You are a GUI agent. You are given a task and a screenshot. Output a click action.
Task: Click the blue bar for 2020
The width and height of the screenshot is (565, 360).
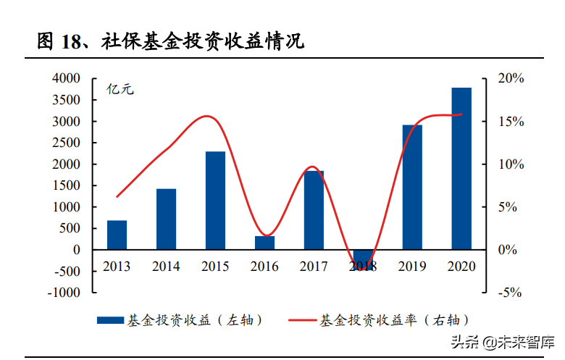[x=461, y=169]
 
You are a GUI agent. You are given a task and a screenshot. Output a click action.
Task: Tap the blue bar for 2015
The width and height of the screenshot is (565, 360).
[x=215, y=201]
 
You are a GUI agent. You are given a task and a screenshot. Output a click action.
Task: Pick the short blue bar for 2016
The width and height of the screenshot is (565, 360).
[x=264, y=243]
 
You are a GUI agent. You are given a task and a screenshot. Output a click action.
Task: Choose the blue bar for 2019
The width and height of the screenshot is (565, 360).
[x=412, y=187]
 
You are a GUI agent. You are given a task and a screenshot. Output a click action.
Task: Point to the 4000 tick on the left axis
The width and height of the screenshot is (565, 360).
[x=66, y=78]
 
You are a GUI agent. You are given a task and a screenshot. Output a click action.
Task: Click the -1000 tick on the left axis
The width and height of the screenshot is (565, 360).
[x=64, y=293]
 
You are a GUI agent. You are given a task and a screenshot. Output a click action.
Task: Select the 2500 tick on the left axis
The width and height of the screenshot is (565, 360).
[x=66, y=143]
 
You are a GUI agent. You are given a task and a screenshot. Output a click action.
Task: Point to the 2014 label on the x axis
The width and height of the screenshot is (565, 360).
[x=166, y=267]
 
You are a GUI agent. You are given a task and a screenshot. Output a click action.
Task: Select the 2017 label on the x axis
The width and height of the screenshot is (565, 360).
[x=314, y=267]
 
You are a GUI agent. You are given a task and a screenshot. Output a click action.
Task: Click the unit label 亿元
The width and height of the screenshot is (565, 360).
[x=121, y=91]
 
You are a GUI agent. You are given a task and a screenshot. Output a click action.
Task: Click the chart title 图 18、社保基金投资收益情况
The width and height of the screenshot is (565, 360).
[x=171, y=41]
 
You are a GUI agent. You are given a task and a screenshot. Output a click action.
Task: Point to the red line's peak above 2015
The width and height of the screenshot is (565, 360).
[x=208, y=116]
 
